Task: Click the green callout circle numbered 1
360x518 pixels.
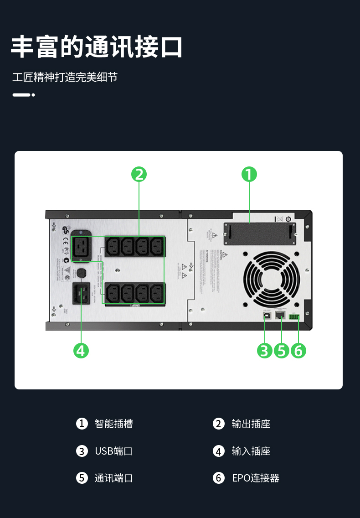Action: coord(249,174)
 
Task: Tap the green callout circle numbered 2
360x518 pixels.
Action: coord(139,174)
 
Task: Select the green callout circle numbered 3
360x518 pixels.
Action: coord(264,351)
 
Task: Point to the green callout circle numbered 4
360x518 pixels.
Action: coord(81,351)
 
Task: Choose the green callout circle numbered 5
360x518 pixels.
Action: coord(282,351)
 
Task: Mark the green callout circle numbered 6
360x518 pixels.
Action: coord(298,351)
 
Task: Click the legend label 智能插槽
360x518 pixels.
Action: coord(113,424)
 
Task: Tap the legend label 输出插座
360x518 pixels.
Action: coord(251,424)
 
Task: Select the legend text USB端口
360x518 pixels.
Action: coord(113,451)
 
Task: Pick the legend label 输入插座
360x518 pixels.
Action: coord(251,451)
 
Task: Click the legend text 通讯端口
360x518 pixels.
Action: coord(113,478)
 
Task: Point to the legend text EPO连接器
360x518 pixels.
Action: coord(255,478)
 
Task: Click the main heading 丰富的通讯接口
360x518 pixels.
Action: coord(97,47)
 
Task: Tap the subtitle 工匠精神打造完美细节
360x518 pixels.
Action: coord(65,77)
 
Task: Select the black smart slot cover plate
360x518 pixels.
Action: coord(259,231)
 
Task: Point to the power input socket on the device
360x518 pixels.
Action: coord(81,293)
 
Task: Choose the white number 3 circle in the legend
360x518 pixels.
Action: coord(82,451)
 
